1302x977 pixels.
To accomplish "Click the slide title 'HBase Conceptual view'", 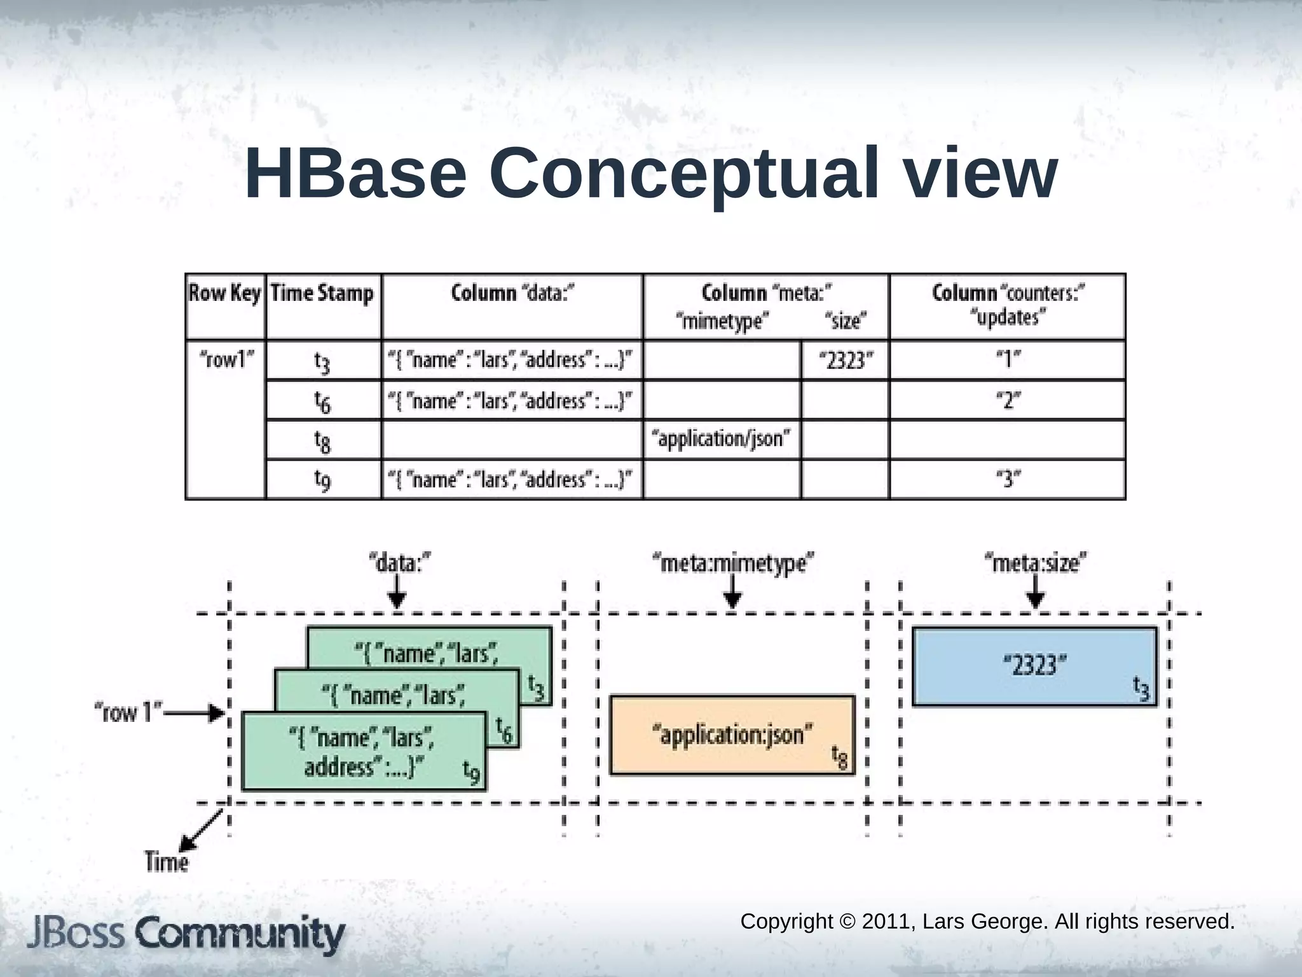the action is pos(651,173).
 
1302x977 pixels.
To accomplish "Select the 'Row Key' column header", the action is pos(225,294).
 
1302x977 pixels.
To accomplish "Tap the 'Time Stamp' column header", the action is pos(322,294).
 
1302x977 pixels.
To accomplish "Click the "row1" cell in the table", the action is pos(226,360).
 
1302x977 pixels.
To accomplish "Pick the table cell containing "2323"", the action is pos(845,361).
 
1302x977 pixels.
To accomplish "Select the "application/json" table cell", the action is pos(722,439).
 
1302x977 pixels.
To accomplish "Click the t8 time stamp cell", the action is pos(323,440).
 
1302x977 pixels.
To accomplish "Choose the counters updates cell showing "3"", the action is pos(1008,479).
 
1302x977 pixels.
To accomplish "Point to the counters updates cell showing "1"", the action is pos(1008,361).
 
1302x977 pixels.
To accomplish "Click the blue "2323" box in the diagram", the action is pos(1034,667).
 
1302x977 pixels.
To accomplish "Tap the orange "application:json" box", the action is pos(732,735).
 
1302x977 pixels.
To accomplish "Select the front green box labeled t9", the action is pos(363,752).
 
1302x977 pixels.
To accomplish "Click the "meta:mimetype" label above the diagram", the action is pos(733,563).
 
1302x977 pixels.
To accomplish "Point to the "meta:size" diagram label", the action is pos(1035,563).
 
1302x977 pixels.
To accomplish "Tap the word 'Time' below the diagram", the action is pos(167,863).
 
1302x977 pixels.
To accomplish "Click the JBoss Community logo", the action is pos(186,934).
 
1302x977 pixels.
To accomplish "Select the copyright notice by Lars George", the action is pos(987,921).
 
